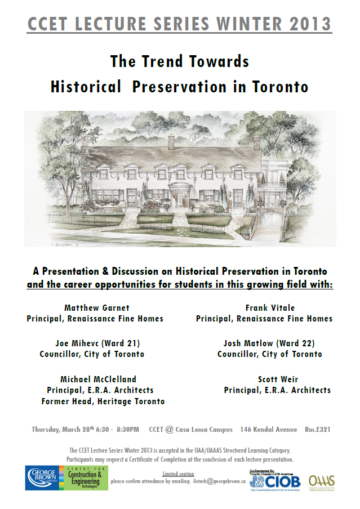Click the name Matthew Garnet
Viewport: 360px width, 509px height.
(96, 308)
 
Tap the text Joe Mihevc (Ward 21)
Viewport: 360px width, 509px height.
(97, 343)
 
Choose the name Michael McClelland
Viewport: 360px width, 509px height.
(98, 379)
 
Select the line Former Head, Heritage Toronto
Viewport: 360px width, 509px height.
(103, 401)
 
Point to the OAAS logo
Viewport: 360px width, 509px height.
(322, 481)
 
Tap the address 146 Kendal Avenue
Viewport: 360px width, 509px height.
(269, 430)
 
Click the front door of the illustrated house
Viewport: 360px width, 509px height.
(181, 199)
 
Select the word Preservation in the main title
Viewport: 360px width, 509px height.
(171, 87)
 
